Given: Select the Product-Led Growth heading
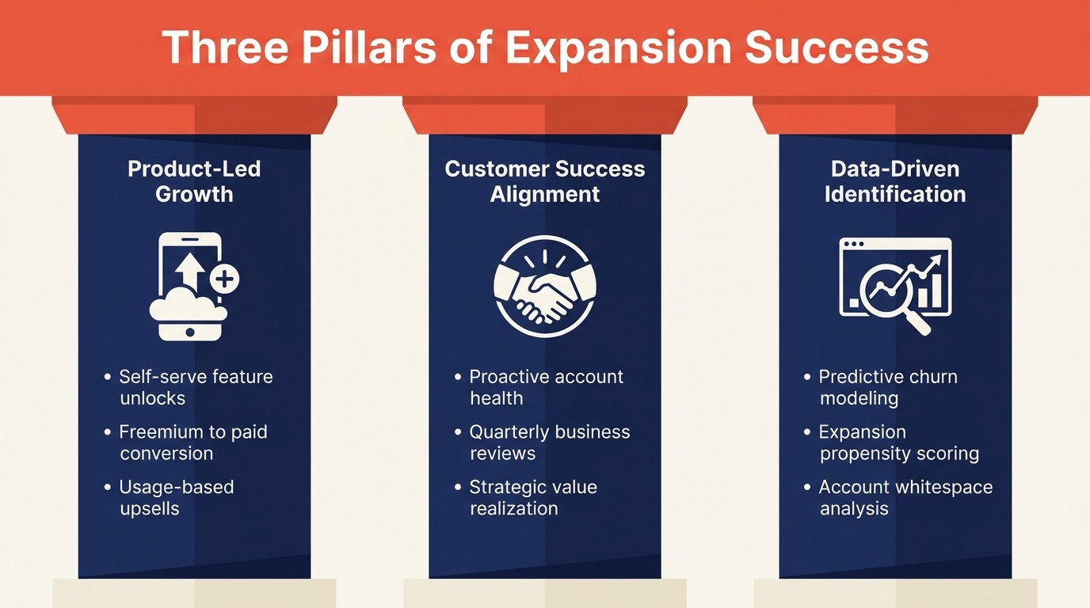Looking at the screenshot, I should (x=194, y=181).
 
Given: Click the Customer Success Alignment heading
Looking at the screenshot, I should (x=545, y=181).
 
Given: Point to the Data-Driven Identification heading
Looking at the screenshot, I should (x=895, y=181).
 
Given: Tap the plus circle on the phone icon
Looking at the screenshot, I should (x=225, y=279).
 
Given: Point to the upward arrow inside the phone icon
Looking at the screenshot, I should (x=189, y=268).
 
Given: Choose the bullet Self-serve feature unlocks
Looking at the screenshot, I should (x=196, y=387).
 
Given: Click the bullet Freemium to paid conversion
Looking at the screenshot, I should (x=193, y=443).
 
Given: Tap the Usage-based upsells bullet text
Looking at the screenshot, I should (x=177, y=497).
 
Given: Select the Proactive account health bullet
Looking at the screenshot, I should (x=546, y=387).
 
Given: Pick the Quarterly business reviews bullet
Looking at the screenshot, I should (x=549, y=443).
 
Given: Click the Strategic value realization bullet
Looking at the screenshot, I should (x=533, y=497).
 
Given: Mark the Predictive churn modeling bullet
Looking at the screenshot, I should (x=888, y=387).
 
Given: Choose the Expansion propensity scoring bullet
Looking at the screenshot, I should (x=899, y=443).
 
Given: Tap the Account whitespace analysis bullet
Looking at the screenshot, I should (x=905, y=497).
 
